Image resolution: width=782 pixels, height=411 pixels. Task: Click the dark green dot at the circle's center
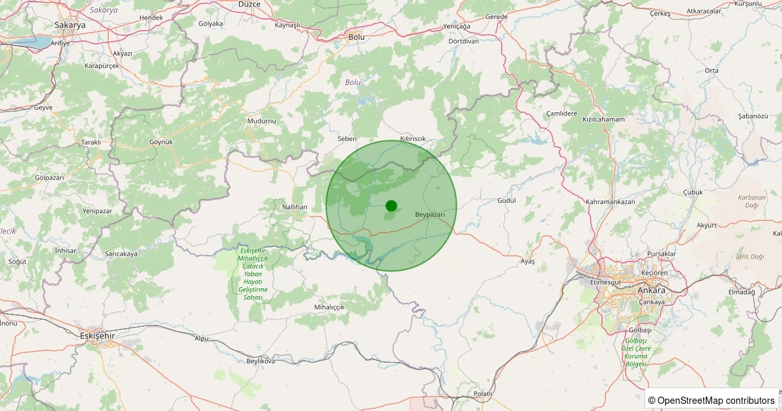(x=391, y=205)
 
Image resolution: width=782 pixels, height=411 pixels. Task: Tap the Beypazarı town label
(x=429, y=215)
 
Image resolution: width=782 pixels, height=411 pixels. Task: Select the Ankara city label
(x=652, y=290)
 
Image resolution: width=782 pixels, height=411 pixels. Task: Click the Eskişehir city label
(x=96, y=335)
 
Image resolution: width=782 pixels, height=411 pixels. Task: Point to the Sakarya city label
(x=70, y=25)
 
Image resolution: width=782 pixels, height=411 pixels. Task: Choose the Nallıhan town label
(x=294, y=207)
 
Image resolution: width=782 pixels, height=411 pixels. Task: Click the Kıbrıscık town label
(x=413, y=139)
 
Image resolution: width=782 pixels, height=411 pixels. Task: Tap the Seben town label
(x=347, y=139)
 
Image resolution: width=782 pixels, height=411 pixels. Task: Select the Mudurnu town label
(x=262, y=121)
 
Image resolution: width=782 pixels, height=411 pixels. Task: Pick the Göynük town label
(x=161, y=142)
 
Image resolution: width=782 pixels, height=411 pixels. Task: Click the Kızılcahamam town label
(x=603, y=119)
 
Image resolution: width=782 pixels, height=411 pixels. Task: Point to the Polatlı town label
(x=483, y=394)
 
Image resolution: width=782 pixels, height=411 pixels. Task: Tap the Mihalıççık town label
(x=329, y=307)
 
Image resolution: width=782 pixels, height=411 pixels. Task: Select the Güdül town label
(x=506, y=200)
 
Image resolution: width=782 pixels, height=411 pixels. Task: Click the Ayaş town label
(x=527, y=261)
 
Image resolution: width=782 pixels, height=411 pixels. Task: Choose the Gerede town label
(x=497, y=16)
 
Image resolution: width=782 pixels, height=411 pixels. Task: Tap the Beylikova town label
(x=261, y=361)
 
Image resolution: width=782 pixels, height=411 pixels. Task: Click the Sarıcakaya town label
(x=121, y=254)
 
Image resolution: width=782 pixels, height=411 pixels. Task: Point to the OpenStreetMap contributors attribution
(x=712, y=400)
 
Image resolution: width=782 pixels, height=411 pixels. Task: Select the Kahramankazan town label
(x=611, y=202)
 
